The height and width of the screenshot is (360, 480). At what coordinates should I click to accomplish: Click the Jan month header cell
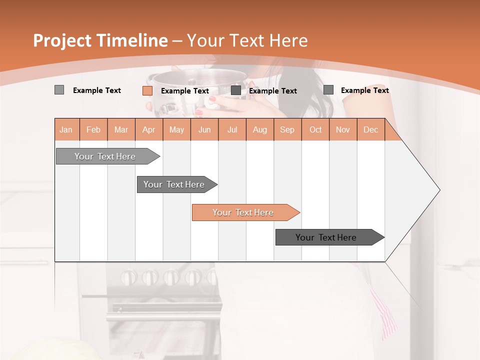[66, 129]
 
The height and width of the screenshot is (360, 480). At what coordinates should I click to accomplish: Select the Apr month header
[149, 129]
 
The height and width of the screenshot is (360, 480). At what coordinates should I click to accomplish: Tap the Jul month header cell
[232, 129]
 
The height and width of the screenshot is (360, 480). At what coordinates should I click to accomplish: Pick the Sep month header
[287, 129]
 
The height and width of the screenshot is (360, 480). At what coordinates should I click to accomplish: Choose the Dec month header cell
[370, 129]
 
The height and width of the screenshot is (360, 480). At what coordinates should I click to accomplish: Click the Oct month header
[315, 129]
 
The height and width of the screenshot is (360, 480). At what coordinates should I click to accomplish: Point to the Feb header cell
[93, 129]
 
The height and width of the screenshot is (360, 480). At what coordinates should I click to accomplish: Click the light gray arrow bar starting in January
[105, 156]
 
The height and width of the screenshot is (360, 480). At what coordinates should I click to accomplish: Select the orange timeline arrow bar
[243, 212]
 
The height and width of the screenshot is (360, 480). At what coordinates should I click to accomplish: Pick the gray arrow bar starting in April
[174, 184]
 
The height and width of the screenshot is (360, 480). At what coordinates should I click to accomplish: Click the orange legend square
[147, 90]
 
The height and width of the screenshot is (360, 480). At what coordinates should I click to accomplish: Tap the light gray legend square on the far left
[59, 90]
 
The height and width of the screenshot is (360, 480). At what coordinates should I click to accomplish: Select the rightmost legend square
[328, 90]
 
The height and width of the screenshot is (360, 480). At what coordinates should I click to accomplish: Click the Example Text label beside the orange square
[185, 91]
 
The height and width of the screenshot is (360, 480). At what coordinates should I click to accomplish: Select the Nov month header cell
[343, 129]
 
